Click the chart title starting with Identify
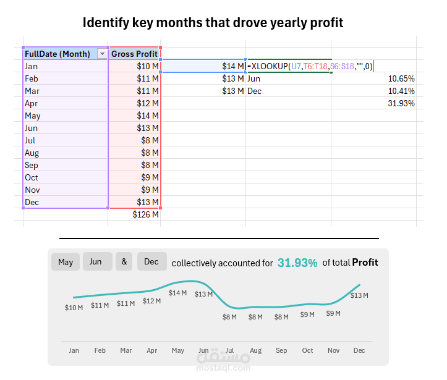click(x=213, y=23)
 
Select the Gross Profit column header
click(x=134, y=54)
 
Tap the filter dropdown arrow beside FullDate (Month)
click(x=102, y=54)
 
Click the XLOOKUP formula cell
click(x=309, y=66)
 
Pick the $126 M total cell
click(x=146, y=214)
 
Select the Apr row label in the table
click(x=32, y=103)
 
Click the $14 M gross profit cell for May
click(x=148, y=116)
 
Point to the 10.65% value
click(x=401, y=78)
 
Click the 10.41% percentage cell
click(x=401, y=91)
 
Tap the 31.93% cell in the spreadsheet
click(x=401, y=103)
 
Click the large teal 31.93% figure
click(x=297, y=263)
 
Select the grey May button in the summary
click(x=66, y=262)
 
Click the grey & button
click(x=124, y=262)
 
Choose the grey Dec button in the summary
click(x=151, y=262)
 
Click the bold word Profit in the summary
click(x=365, y=263)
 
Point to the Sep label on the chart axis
click(x=281, y=350)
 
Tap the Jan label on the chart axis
click(x=74, y=350)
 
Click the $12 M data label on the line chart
click(x=151, y=301)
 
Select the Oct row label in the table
click(x=32, y=177)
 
